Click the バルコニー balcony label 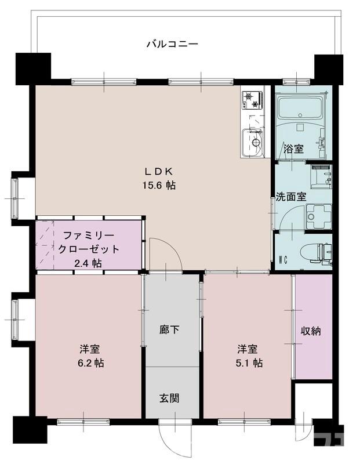tap(172, 43)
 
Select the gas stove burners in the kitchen tap(252, 100)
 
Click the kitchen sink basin tap(253, 141)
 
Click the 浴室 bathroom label tap(293, 148)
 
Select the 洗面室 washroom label tap(290, 197)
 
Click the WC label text tap(284, 259)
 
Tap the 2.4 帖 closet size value tap(88, 263)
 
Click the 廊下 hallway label tap(169, 330)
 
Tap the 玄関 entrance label tap(169, 398)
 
